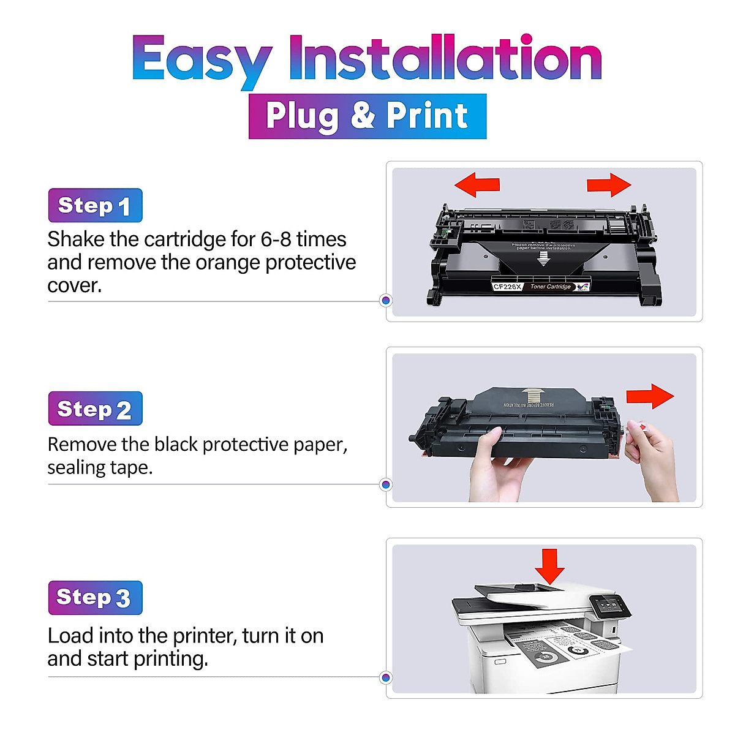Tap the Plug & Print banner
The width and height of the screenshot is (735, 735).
click(x=367, y=116)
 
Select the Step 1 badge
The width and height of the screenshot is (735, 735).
click(x=95, y=206)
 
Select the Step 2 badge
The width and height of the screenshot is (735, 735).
click(x=95, y=409)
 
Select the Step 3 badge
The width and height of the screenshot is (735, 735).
click(x=95, y=598)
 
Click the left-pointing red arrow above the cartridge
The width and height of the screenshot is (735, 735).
click(x=477, y=184)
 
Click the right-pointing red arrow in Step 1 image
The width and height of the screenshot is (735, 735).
click(x=608, y=184)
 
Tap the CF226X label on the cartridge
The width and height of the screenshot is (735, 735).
click(x=507, y=287)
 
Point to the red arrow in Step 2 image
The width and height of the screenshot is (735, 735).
click(x=650, y=396)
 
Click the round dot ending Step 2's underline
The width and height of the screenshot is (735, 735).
click(x=386, y=484)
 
